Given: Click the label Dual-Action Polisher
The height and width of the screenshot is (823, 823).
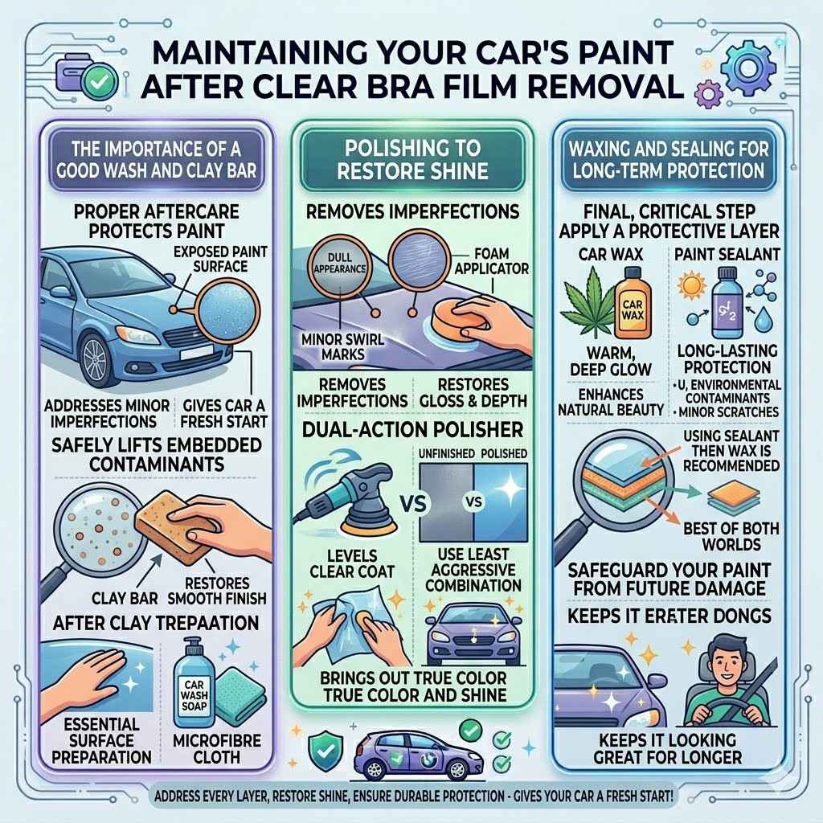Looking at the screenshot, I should pos(411,429).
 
